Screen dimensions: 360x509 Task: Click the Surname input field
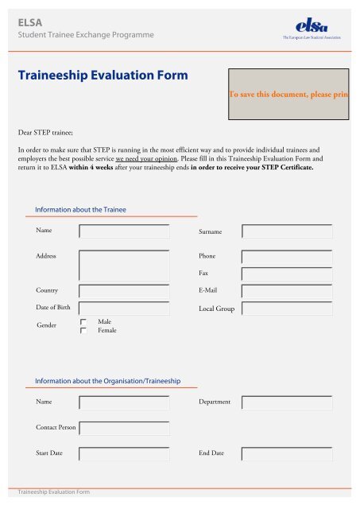pyautogui.click(x=288, y=231)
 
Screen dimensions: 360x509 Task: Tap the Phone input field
pyautogui.click(x=288, y=258)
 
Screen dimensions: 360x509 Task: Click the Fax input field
pyautogui.click(x=288, y=274)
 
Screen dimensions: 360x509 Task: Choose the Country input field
pyautogui.click(x=125, y=291)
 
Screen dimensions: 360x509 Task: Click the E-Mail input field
pyautogui.click(x=288, y=291)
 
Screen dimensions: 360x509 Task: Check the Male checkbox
pyautogui.click(x=83, y=321)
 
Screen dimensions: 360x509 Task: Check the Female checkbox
pyautogui.click(x=83, y=330)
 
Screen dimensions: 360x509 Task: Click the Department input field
pyautogui.click(x=288, y=402)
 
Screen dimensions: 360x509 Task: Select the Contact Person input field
pyautogui.click(x=125, y=428)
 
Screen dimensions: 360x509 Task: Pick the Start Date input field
pyautogui.click(x=125, y=454)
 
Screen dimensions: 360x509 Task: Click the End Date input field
pyautogui.click(x=288, y=454)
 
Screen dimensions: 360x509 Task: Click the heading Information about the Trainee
pyautogui.click(x=81, y=209)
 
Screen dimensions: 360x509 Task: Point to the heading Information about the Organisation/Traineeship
pyautogui.click(x=109, y=381)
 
